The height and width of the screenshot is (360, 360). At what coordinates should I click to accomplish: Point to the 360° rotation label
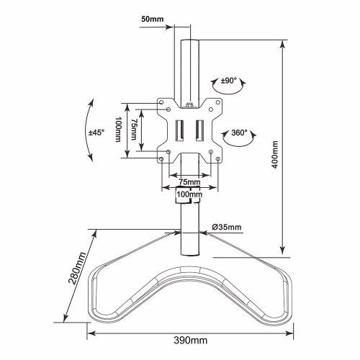tap(239, 132)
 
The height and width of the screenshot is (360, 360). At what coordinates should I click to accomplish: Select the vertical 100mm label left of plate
tap(120, 130)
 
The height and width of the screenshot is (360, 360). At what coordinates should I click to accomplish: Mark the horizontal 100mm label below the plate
tap(188, 194)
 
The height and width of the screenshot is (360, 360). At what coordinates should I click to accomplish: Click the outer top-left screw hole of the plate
tap(162, 103)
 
